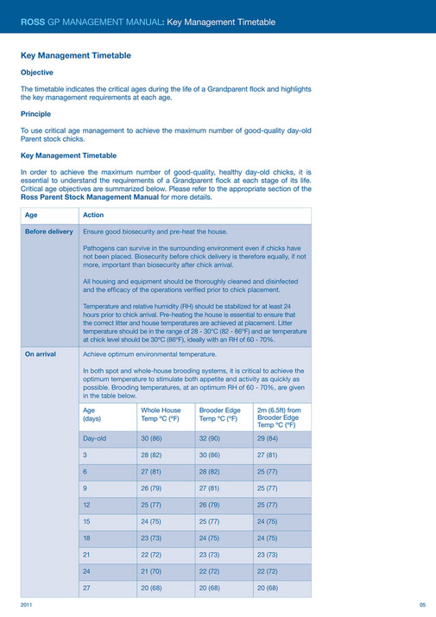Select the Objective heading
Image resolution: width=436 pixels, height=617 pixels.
coord(37,73)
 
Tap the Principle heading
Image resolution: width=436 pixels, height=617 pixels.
coord(35,114)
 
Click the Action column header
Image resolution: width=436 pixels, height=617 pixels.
coord(93,215)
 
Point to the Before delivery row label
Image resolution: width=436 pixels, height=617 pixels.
coord(49,232)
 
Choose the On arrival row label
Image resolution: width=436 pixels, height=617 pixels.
coord(41,354)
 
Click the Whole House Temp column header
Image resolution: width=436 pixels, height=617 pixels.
coord(161,416)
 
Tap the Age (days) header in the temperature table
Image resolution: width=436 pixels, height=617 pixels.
coord(91,416)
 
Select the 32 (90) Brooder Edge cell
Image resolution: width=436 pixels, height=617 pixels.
coord(210,441)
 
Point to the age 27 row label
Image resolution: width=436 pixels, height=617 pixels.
coord(86,588)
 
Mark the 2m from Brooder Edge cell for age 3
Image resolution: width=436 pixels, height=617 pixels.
coord(267,456)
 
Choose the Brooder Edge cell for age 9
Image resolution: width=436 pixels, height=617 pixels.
coord(210,489)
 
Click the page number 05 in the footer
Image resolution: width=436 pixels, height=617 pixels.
coord(422,605)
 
